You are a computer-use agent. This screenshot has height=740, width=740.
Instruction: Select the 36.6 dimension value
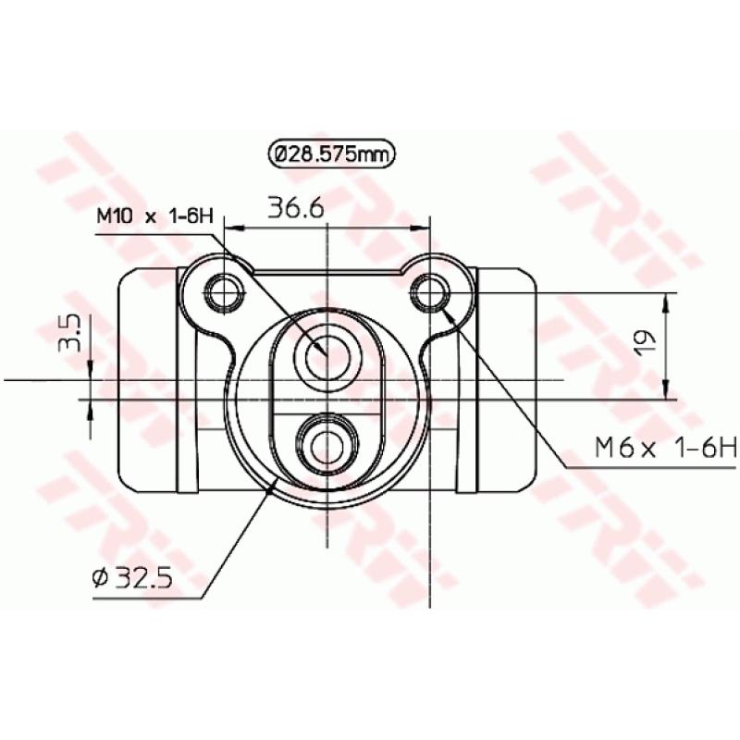(296, 208)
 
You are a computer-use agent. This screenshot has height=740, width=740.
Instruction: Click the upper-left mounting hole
(224, 292)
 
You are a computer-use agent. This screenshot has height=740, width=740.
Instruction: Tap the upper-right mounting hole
(431, 292)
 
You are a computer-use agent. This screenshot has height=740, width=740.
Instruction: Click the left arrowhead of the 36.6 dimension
(229, 225)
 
